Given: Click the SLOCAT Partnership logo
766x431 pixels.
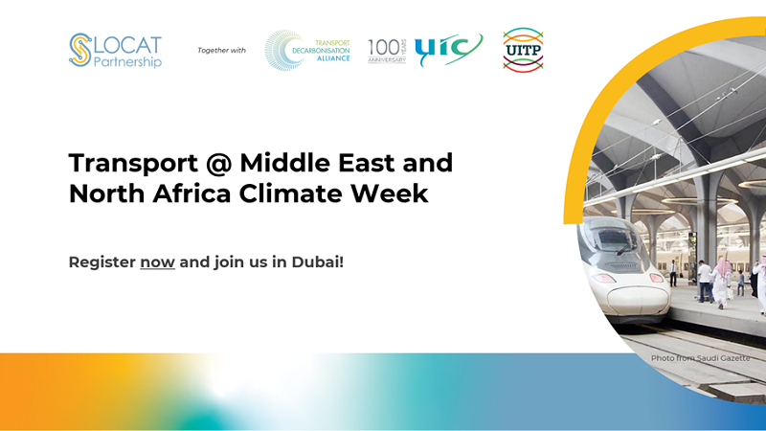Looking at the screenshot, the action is pos(115,51).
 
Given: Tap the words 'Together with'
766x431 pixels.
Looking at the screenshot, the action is pos(221,51).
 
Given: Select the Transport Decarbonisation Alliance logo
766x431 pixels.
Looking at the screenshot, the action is pos(307,51).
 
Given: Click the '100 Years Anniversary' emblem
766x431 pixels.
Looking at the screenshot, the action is pos(387,51).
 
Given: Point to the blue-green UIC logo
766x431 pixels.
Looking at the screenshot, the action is pos(448,50).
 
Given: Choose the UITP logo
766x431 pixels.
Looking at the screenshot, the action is pos(523,50).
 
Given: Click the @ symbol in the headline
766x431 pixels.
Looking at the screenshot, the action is pos(219,163).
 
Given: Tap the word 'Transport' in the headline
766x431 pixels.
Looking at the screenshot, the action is pos(133,164).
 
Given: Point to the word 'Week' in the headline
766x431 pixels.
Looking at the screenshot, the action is pos(390,193).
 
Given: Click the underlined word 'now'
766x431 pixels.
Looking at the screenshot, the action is pos(157,262).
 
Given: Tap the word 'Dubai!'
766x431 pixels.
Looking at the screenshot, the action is pos(318,261).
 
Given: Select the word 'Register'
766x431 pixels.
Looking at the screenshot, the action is pos(102,262).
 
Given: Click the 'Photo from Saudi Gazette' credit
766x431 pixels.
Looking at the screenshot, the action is pos(700,358).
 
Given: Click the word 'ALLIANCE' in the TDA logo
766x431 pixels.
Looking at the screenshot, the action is pos(333,58).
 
